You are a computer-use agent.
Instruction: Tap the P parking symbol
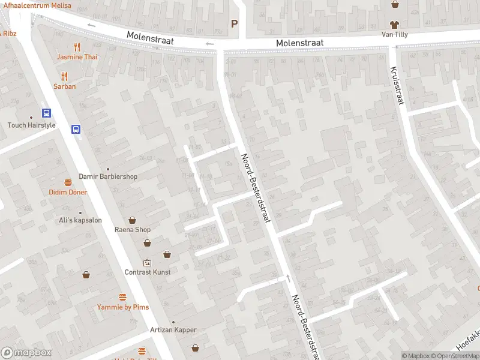coord(234,23)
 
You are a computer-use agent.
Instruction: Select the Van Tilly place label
coord(394,34)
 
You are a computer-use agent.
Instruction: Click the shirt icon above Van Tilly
coord(394,25)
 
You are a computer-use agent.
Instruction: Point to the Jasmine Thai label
coord(77,57)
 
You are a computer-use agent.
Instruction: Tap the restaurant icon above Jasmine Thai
coord(77,47)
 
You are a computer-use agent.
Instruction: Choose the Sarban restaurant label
coord(64,86)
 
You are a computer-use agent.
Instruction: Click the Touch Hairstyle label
coord(31,125)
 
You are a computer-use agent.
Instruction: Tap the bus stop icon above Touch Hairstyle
coord(46,113)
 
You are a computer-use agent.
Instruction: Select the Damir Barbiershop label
coord(108,176)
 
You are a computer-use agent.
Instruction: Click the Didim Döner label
coord(68,192)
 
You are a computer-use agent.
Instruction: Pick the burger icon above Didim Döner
coord(68,182)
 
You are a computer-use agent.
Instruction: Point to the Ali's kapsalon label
coord(80,220)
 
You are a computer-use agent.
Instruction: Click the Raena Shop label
coord(133,229)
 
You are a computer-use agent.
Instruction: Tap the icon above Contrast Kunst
coord(147,262)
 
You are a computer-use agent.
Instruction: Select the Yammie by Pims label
coord(123,307)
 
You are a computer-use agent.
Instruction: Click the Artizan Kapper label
coord(173,330)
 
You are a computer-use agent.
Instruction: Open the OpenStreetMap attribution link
coord(455,356)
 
